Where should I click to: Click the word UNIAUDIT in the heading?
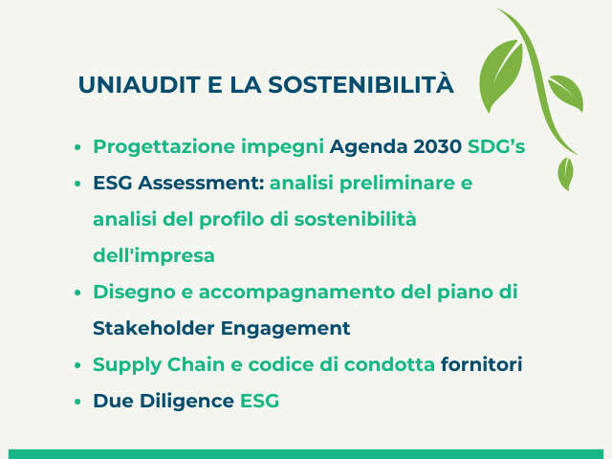click(x=140, y=85)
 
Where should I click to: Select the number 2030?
click(x=438, y=146)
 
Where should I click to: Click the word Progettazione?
click(x=164, y=147)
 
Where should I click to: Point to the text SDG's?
click(x=496, y=146)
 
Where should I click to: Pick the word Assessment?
click(x=201, y=183)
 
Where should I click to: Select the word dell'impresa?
click(x=154, y=256)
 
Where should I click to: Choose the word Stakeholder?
click(x=154, y=328)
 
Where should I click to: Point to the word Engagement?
click(x=285, y=329)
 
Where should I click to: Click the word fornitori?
click(x=481, y=364)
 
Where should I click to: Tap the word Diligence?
click(x=187, y=402)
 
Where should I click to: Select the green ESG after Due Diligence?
click(x=259, y=401)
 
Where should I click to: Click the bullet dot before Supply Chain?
click(x=77, y=365)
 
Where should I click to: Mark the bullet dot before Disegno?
click(x=77, y=293)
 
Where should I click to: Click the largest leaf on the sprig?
click(x=501, y=75)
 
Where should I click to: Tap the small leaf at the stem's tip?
click(x=565, y=173)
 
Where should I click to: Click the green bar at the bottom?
click(x=306, y=454)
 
